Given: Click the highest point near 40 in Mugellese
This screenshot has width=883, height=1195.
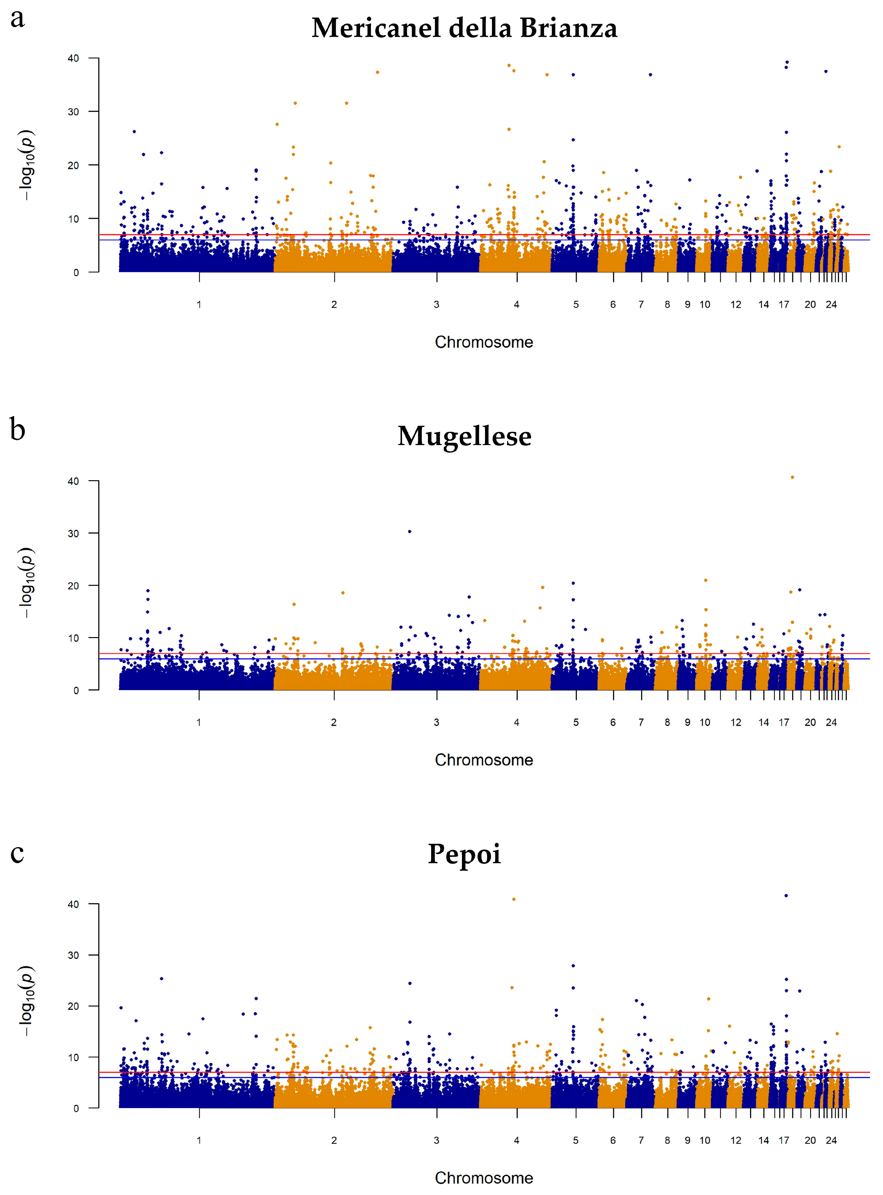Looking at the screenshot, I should pyautogui.click(x=792, y=477).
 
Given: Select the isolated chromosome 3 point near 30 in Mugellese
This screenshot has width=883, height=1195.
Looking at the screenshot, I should pyautogui.click(x=410, y=531).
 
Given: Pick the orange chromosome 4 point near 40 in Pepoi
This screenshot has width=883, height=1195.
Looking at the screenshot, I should pyautogui.click(x=514, y=899).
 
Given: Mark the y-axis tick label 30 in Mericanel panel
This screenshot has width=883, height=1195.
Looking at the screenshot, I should pyautogui.click(x=73, y=112).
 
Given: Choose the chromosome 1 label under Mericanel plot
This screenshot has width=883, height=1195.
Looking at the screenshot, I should pyautogui.click(x=199, y=305).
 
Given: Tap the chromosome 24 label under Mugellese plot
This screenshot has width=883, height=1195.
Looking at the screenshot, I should pyautogui.click(x=831, y=722).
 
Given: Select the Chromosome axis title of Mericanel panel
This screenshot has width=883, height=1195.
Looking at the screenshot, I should pyautogui.click(x=484, y=342).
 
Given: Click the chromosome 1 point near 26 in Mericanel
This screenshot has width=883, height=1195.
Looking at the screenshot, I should pyautogui.click(x=134, y=131).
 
